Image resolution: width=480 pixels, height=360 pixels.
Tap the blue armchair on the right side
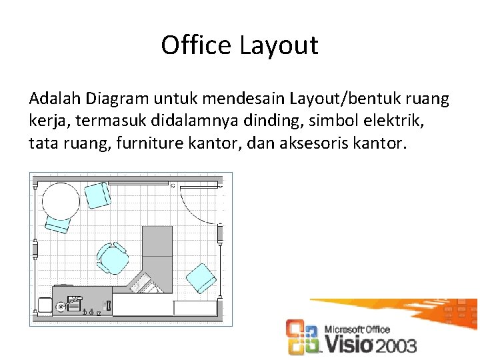click(x=201, y=277)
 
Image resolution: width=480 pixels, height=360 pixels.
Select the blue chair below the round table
click(x=57, y=225)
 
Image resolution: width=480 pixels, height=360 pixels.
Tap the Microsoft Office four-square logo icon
click(x=301, y=337)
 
